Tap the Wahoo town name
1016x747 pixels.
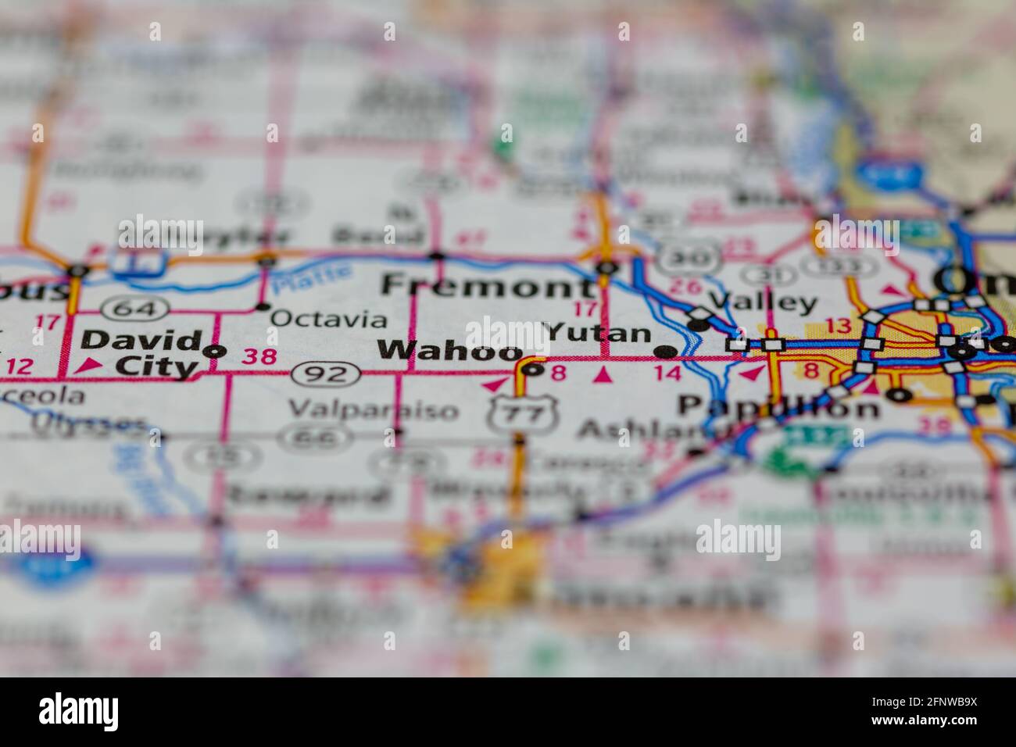[x=449, y=351]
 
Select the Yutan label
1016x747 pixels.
[x=599, y=334]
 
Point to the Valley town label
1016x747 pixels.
[x=763, y=303]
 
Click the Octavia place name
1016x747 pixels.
[x=328, y=320]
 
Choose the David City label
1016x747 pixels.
[x=141, y=353]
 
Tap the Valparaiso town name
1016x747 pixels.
[x=374, y=409]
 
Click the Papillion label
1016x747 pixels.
[x=778, y=407]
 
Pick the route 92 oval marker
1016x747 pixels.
[x=327, y=375]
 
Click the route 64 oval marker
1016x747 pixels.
[x=134, y=309]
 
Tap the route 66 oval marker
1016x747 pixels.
[x=310, y=438]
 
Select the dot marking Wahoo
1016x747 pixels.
[x=533, y=369]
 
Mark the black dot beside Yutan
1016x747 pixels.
[x=665, y=351]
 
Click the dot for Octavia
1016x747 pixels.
[x=262, y=306]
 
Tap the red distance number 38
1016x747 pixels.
[x=259, y=357]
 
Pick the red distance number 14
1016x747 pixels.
[x=667, y=373]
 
